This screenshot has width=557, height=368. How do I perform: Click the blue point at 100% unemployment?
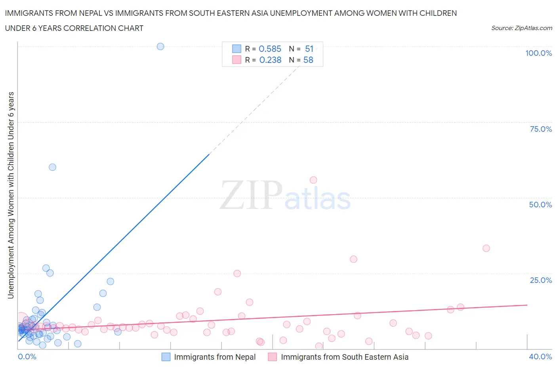point(160,46)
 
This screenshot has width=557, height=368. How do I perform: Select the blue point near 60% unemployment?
point(52,167)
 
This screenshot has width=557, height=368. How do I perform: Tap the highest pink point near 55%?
point(313,180)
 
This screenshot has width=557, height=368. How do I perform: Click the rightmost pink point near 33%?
point(486,248)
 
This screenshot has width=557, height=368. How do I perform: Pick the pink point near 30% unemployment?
point(353,259)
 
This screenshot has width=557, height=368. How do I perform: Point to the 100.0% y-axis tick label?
point(538,53)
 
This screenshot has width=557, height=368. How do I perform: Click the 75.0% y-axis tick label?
point(541,129)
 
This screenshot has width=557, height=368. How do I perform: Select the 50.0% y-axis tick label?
point(540,205)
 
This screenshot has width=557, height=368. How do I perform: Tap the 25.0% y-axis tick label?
point(541,280)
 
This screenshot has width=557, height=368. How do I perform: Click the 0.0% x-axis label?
point(27,357)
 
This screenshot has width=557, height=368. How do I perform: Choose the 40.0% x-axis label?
point(540,357)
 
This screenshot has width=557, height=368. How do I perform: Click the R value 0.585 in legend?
point(270,49)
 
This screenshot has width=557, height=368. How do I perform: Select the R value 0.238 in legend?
point(270,60)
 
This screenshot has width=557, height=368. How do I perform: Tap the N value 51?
point(309,49)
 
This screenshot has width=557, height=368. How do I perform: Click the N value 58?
point(308,60)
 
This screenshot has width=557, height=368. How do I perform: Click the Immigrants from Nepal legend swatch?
point(166,357)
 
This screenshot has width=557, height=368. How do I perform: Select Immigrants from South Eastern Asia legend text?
point(344,357)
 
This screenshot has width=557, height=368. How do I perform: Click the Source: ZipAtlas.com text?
point(521,28)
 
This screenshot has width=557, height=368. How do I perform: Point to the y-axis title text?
point(11,195)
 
